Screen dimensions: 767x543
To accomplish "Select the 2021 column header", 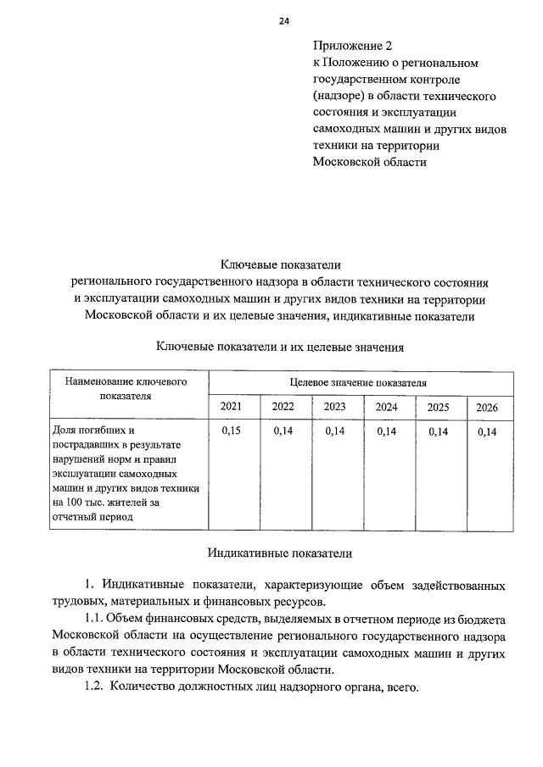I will tap(231, 407).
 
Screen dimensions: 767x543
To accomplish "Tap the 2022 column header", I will tap(283, 407).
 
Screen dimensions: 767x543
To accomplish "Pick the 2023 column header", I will tap(334, 407).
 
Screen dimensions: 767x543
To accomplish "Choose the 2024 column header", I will tap(386, 407).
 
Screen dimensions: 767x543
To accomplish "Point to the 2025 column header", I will tap(438, 407).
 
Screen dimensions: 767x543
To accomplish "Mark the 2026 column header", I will tap(487, 408).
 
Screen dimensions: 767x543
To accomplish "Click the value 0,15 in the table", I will tap(231, 431).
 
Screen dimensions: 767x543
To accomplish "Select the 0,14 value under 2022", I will tap(283, 431).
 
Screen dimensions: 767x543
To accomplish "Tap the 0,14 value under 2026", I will tap(487, 432).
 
